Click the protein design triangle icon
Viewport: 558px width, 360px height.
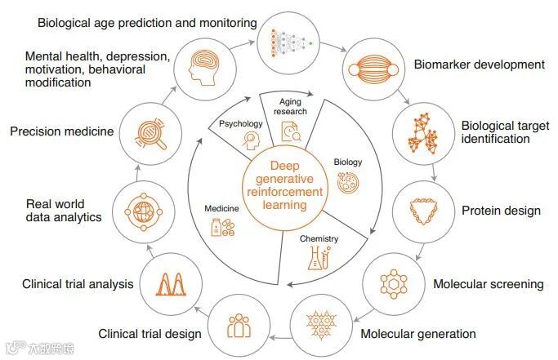(422, 211)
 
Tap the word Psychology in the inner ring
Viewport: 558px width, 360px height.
(240, 124)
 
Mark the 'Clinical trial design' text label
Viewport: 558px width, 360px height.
(150, 333)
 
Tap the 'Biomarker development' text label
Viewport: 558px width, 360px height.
(479, 64)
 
